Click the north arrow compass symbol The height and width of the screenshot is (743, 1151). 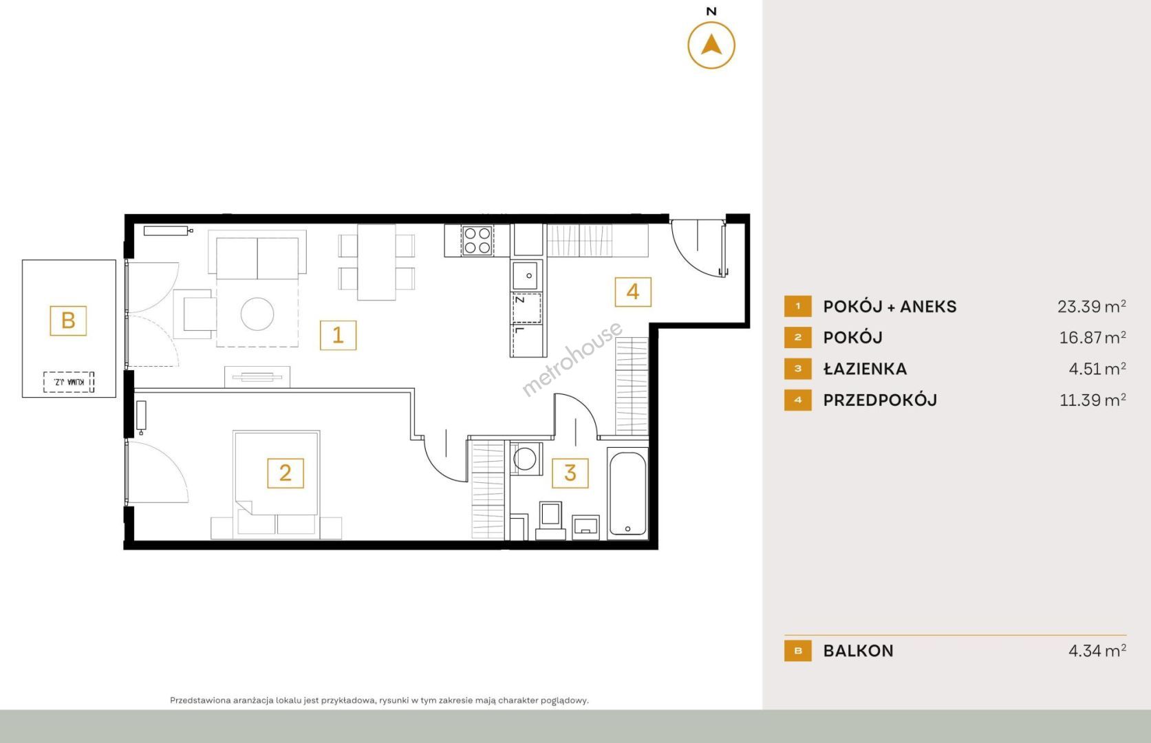tap(711, 45)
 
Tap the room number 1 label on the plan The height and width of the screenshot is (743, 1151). tap(338, 335)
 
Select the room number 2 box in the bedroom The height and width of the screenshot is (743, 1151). tap(286, 473)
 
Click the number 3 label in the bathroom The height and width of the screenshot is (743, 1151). tap(570, 473)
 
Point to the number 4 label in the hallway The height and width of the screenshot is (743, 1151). tap(632, 292)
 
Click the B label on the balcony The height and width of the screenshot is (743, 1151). tap(68, 321)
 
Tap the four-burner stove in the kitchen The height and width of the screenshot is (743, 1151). tap(477, 241)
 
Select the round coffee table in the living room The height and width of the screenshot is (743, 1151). tap(257, 314)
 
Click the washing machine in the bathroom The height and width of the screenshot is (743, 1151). tap(525, 458)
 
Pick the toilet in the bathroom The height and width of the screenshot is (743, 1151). tap(550, 520)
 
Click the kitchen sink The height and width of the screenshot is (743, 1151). tap(527, 275)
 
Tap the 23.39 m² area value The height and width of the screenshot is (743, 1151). tap(1091, 306)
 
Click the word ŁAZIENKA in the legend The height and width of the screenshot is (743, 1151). tap(865, 369)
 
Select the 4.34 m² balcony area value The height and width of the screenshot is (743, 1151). tap(1097, 651)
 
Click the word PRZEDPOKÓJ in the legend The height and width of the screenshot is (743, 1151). tap(880, 400)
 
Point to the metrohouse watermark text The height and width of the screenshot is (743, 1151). tap(572, 358)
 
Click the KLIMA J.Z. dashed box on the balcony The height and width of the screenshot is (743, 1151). tap(68, 383)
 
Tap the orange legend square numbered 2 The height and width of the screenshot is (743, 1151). tap(797, 338)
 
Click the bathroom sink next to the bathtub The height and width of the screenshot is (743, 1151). tap(585, 527)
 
